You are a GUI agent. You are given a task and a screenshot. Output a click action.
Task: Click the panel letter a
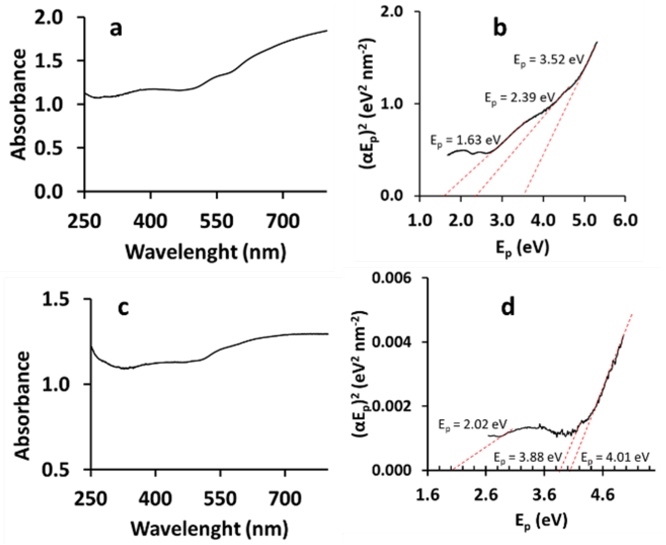click(116, 29)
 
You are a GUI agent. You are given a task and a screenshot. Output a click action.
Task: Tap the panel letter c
click(123, 308)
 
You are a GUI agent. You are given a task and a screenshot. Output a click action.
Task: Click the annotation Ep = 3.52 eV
click(549, 60)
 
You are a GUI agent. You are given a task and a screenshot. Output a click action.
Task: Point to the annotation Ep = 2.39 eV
click(520, 98)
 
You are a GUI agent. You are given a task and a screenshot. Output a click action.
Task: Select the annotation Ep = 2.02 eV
click(473, 425)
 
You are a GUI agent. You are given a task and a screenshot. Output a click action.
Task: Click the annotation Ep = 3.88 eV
click(528, 457)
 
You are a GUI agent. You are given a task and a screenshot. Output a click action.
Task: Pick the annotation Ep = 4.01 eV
click(615, 457)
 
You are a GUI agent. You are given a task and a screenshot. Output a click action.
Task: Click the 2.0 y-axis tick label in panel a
click(49, 17)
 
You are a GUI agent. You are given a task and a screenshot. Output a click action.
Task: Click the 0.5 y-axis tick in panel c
click(56, 470)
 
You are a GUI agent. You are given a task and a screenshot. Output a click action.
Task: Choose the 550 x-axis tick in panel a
click(217, 221)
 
